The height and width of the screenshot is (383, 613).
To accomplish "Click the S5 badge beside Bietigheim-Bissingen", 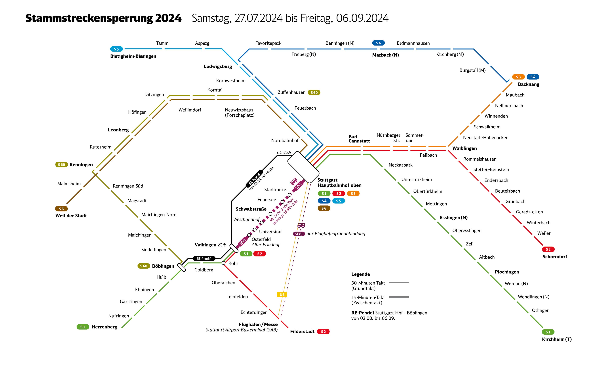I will (116, 49).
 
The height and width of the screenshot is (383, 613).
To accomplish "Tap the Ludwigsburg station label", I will (218, 66).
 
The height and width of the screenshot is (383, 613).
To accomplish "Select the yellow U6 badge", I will (282, 294).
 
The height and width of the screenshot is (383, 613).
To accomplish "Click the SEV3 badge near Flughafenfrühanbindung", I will (299, 234).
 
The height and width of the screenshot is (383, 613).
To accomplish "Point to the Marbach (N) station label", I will (385, 55).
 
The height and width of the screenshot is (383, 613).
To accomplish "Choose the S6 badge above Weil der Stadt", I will (61, 209).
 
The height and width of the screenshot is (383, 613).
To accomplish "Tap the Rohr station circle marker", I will (223, 263).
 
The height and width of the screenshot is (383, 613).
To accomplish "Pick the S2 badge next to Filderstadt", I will (323, 332).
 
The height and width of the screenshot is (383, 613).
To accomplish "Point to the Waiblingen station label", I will (464, 148).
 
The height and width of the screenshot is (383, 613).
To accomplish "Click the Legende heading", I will (360, 274).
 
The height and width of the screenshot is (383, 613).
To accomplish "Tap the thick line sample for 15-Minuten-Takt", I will (399, 297).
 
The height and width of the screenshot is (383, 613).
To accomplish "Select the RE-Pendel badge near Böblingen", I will (204, 259).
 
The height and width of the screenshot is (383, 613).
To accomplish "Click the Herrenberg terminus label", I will (104, 327).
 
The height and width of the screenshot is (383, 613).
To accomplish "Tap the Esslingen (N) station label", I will (453, 218).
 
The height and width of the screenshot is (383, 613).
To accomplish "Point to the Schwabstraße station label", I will (251, 209).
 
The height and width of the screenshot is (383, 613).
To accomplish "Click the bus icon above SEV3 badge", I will (301, 225).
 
